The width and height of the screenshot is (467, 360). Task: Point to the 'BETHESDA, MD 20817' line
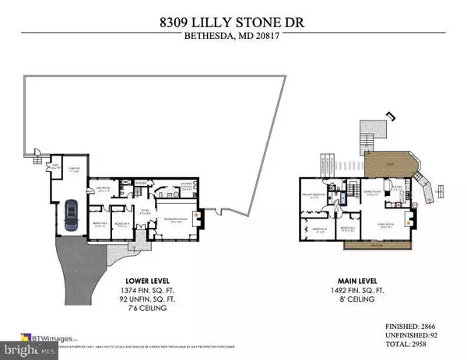tap(233, 37)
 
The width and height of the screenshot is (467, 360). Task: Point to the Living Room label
tap(401, 217)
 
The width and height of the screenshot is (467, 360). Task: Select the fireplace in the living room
tap(431, 218)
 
